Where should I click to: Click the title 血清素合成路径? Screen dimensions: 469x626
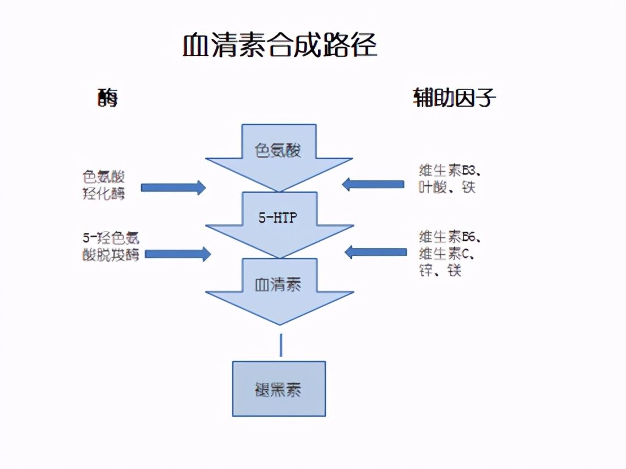pos(280,46)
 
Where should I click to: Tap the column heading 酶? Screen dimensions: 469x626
pos(107,99)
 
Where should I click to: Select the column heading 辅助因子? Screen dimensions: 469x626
pos(455,99)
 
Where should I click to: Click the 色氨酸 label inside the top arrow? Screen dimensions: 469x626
pos(279,150)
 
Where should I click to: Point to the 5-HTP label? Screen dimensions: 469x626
pos(278,218)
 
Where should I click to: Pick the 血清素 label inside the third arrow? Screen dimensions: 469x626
pos(279,284)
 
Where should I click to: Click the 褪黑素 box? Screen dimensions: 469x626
pos(279,389)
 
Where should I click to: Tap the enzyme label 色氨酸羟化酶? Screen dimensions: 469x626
pos(104,185)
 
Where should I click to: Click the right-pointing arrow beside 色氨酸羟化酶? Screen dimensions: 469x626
pos(173,188)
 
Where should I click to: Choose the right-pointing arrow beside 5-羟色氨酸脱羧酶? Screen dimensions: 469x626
pos(177,254)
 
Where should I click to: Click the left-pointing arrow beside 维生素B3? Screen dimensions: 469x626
pos(373,184)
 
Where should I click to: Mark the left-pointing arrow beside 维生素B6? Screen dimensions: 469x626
pos(375,251)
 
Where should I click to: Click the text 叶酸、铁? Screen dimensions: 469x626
pos(447,187)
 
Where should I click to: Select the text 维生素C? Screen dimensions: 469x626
pos(446,253)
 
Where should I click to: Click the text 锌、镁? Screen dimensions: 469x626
pos(440,271)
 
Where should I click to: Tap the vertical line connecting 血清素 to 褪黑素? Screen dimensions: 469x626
pos(281,345)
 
